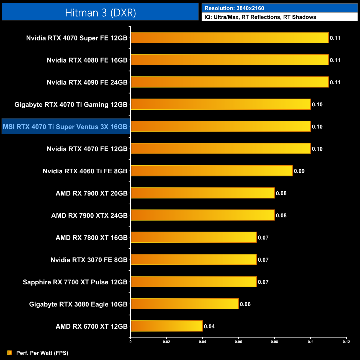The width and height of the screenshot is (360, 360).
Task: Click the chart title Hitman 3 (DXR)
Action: coord(100,13)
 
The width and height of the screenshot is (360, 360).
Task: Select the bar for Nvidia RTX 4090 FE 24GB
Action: coord(230,82)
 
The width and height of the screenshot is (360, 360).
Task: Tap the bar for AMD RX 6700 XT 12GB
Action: coord(166,326)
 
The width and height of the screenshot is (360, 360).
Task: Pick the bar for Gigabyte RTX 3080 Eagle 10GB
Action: coord(184,304)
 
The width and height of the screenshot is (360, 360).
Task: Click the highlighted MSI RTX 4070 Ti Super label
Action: coord(65,127)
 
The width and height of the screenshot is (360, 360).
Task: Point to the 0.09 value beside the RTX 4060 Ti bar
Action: coord(299,171)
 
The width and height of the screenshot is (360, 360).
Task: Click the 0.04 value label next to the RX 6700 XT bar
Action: coord(209,326)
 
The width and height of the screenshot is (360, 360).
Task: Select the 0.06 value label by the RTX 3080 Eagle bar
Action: coord(245,304)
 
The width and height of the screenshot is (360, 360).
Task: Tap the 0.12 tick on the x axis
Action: coord(346,342)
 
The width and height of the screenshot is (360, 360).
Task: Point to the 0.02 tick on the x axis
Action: coord(166,342)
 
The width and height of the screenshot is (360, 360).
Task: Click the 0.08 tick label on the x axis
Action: coord(274,342)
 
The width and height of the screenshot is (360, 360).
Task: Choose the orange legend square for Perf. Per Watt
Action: coord(10,353)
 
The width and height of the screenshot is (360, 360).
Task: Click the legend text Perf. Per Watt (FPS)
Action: coord(42,353)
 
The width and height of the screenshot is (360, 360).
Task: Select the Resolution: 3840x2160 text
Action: coord(234,8)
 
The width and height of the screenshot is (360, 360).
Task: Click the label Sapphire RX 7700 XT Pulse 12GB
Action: coord(75,282)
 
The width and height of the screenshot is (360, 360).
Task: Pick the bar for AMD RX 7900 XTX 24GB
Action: coord(202,215)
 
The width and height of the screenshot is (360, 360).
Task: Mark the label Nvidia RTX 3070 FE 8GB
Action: coord(89,260)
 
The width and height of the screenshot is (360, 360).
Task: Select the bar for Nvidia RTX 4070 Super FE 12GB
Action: coord(230,38)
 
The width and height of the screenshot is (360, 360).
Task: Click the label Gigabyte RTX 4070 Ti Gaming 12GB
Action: coord(71,105)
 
